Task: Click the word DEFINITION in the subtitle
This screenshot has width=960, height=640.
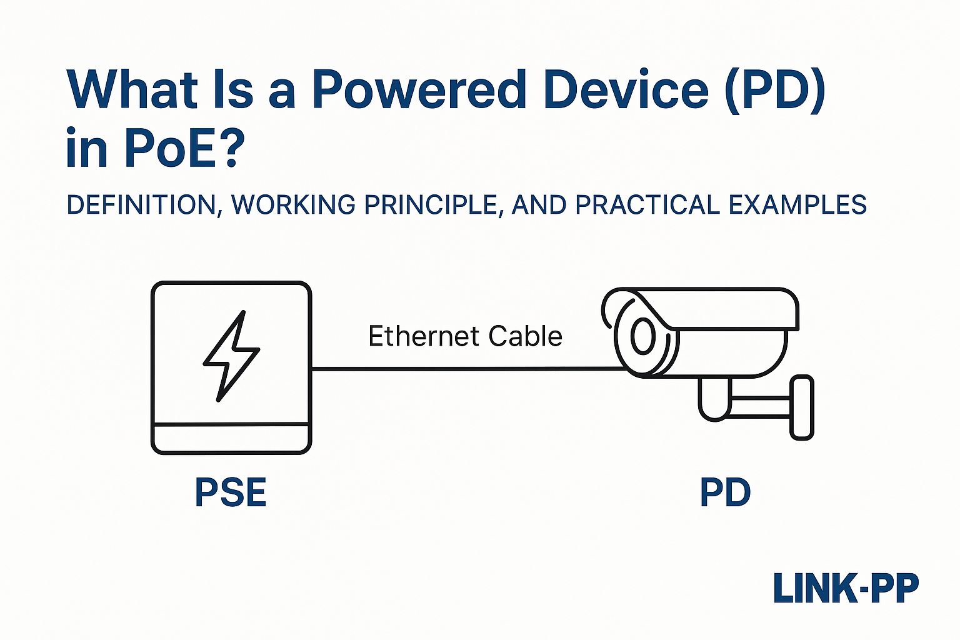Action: tap(141, 206)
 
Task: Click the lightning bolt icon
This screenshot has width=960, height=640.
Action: tap(231, 356)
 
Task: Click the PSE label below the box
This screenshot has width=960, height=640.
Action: tap(231, 492)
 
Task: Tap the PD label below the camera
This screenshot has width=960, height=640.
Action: tap(725, 492)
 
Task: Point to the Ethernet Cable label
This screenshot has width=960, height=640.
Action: tap(465, 336)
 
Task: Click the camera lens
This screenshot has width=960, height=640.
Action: tap(642, 337)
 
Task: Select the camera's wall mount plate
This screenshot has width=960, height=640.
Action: tap(802, 407)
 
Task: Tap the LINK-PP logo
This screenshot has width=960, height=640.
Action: tap(846, 588)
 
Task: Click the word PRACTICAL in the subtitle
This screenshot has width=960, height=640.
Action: tap(647, 206)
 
